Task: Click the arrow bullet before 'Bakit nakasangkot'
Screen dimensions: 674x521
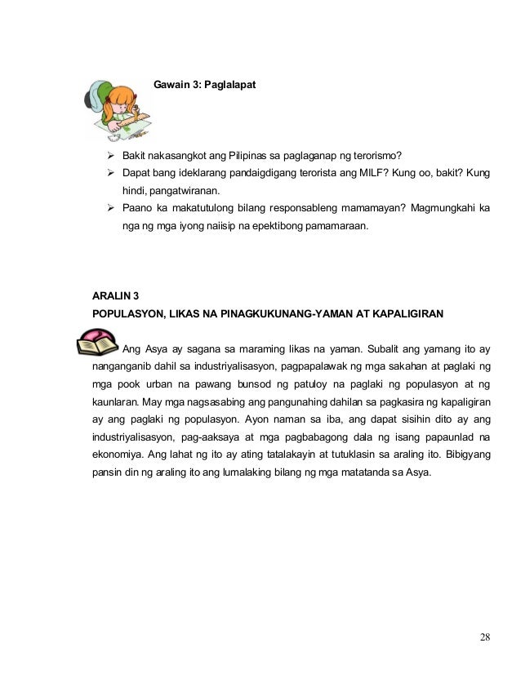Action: point(111,156)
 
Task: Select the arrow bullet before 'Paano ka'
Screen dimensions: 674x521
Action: point(111,207)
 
